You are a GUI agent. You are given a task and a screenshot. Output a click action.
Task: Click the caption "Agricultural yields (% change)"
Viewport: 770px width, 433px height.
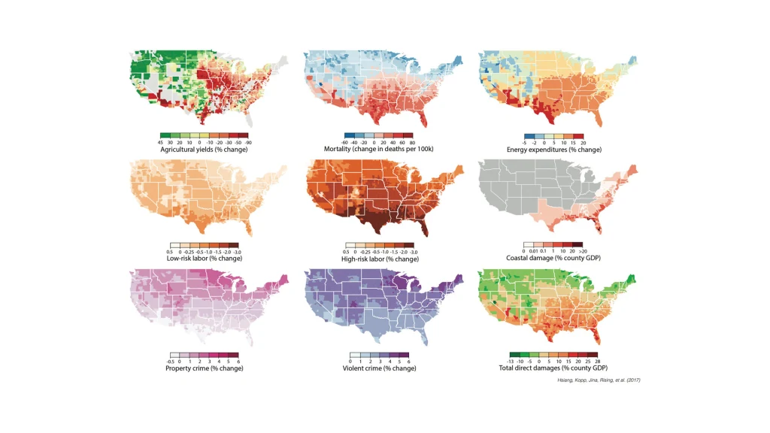[204, 150]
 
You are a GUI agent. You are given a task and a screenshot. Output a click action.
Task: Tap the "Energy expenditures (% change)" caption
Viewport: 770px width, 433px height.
[555, 150]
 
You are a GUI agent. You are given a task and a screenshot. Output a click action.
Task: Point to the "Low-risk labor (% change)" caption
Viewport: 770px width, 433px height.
[204, 259]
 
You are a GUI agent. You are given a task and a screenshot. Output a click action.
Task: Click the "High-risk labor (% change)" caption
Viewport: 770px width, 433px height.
[380, 259]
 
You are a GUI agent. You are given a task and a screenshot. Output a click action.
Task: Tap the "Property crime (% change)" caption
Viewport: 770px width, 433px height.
[204, 368]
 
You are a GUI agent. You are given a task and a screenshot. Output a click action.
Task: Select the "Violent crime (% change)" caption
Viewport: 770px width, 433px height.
[379, 368]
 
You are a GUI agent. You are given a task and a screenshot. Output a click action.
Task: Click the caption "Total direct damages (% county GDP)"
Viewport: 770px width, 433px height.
[553, 368]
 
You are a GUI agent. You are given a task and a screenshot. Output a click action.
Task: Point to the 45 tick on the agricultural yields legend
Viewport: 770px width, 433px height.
[161, 142]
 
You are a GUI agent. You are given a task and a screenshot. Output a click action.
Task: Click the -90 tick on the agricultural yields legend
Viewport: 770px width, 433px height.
[247, 142]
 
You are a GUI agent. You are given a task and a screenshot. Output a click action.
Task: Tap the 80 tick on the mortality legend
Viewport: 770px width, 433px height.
[412, 142]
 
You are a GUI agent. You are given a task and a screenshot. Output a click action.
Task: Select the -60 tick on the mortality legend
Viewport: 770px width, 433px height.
[337, 142]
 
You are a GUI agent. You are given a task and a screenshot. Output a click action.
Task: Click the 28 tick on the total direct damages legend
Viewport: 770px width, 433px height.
[597, 362]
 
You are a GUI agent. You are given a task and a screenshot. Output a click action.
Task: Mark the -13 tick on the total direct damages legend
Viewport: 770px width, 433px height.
[511, 362]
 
